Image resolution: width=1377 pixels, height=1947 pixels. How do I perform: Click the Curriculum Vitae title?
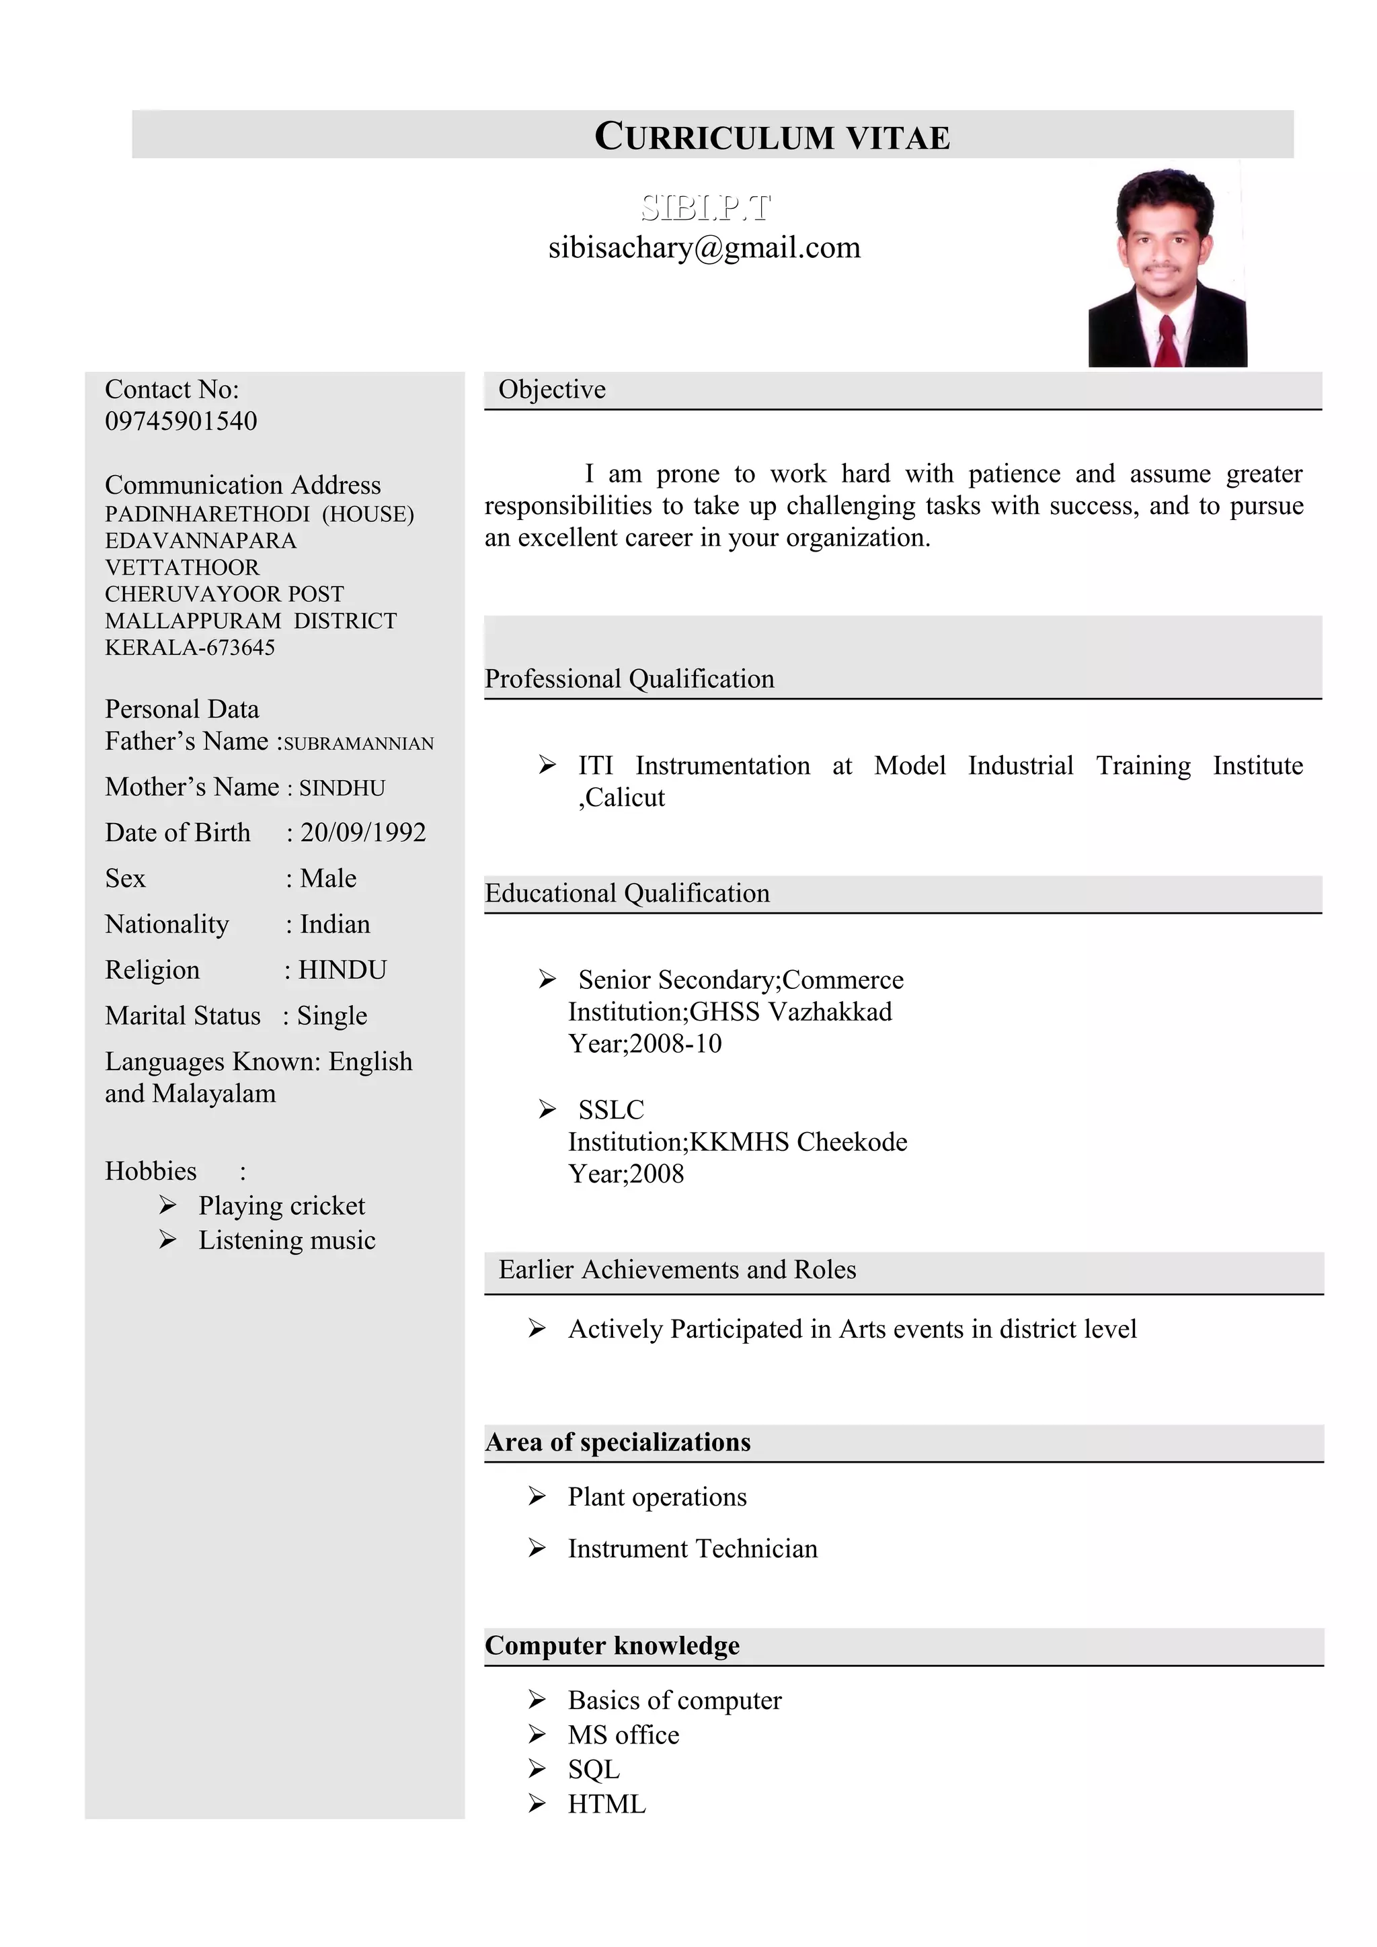771,136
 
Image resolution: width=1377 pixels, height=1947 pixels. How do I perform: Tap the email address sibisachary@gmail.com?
703,248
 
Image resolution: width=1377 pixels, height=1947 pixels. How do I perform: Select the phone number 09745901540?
181,421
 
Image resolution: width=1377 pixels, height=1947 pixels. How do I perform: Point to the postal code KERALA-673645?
190,647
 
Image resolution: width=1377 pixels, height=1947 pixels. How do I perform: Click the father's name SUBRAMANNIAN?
358,744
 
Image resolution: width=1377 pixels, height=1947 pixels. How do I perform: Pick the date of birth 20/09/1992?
363,832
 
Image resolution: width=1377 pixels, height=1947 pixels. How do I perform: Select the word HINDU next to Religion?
342,969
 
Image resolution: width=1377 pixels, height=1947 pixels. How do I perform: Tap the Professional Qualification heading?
629,679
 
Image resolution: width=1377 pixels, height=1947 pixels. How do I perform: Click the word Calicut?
625,798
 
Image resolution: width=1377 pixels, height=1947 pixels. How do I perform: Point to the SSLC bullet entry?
611,1109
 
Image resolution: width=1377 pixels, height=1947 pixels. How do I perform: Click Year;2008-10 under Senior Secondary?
645,1044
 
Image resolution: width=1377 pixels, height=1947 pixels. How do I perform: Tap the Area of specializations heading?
618,1442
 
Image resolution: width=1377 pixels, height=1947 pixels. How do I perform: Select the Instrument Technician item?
693,1549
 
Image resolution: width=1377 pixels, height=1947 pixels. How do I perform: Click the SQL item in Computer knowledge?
594,1769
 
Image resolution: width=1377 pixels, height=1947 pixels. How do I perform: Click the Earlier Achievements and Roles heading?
677,1270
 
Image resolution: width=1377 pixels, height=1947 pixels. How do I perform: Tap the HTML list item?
606,1804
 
